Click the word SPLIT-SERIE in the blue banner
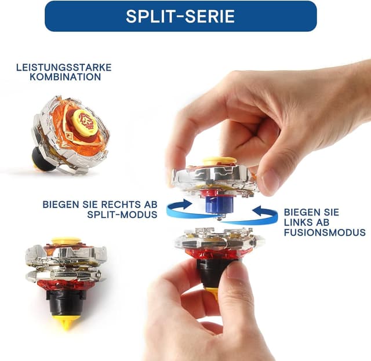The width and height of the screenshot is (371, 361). (x=180, y=16)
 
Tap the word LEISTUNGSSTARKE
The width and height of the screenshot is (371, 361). (x=64, y=67)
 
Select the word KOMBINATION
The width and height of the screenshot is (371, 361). (x=66, y=77)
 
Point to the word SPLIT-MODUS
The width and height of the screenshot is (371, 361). (x=122, y=214)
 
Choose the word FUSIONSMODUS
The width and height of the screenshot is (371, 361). (x=325, y=232)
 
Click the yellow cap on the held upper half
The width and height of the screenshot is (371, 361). (x=220, y=161)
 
